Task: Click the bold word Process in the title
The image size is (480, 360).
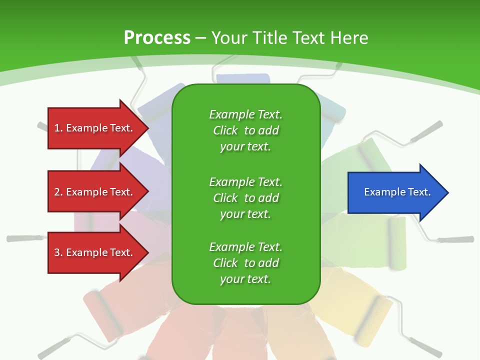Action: pyautogui.click(x=157, y=38)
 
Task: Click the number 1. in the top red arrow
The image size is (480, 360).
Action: pyautogui.click(x=58, y=128)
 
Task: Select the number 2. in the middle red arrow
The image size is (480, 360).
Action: pyautogui.click(x=58, y=192)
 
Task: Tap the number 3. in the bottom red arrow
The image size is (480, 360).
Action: pyautogui.click(x=58, y=252)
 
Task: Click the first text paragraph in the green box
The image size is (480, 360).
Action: pyautogui.click(x=245, y=130)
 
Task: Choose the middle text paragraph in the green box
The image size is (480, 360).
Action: pyautogui.click(x=245, y=198)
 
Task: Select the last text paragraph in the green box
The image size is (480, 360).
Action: pyautogui.click(x=245, y=263)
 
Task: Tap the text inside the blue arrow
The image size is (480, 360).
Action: pyautogui.click(x=397, y=192)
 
